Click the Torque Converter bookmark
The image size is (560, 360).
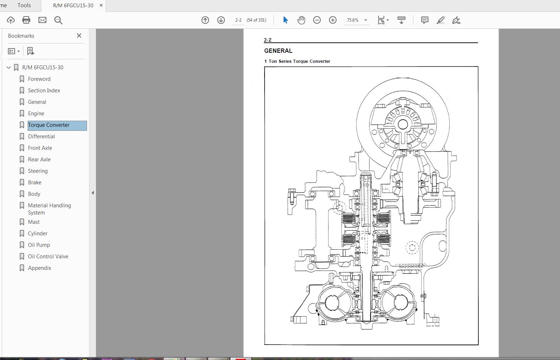[49, 125]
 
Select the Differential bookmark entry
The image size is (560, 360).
[41, 137]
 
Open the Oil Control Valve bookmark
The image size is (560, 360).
[48, 257]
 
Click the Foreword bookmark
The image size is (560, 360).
[39, 79]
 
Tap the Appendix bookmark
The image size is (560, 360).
[40, 268]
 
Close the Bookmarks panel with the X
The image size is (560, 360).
[79, 36]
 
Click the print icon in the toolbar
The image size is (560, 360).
[26, 20]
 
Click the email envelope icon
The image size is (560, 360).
[42, 20]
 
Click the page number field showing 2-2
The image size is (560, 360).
[238, 20]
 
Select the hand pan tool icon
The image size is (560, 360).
[301, 20]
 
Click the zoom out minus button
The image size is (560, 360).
[317, 20]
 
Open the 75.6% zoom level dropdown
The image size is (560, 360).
[366, 20]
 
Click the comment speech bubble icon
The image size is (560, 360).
[424, 20]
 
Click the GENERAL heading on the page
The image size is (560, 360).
[278, 51]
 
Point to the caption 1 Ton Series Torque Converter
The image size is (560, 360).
[297, 61]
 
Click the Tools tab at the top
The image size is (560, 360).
[24, 5]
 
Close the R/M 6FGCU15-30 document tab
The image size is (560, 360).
[101, 5]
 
